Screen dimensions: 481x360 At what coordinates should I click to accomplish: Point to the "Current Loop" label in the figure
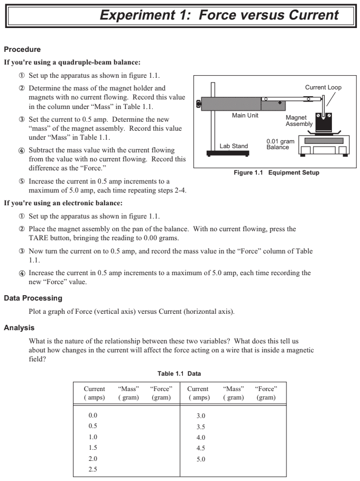[325, 87]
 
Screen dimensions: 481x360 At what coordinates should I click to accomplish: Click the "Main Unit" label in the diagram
[245, 115]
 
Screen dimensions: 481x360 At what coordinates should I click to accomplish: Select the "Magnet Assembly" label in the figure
[299, 121]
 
